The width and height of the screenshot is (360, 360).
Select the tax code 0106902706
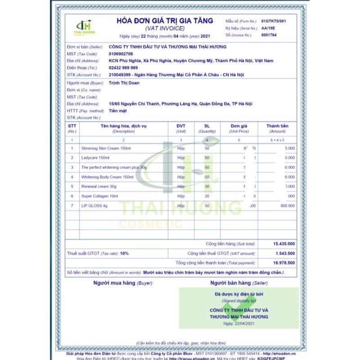click(121, 54)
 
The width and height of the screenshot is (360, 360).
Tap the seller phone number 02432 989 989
click(123, 67)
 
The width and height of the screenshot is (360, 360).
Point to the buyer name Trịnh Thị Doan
click(123, 83)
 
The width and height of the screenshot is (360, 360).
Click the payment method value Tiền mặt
click(118, 110)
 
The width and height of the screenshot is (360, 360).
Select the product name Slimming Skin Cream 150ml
click(106, 148)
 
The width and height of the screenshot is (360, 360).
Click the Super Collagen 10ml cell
click(100, 196)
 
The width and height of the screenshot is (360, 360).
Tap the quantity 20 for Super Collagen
click(207, 196)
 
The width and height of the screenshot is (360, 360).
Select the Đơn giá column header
click(239, 126)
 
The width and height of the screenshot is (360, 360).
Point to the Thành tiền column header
click(277, 126)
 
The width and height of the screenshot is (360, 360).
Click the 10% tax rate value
click(124, 253)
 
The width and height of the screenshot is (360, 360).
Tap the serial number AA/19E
click(267, 28)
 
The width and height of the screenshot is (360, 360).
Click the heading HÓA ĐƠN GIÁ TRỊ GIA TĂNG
click(165, 21)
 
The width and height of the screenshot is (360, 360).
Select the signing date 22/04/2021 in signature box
click(239, 324)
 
